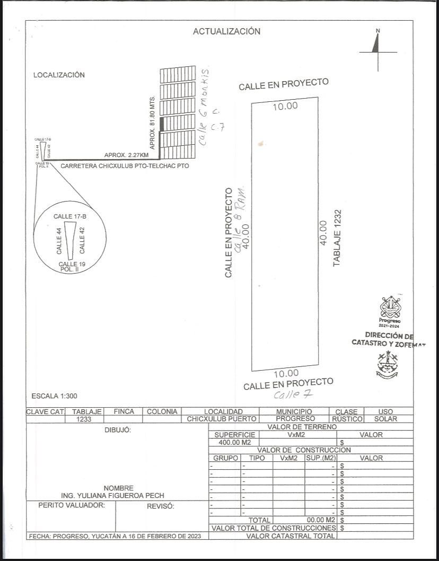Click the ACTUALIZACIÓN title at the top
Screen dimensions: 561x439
click(226, 31)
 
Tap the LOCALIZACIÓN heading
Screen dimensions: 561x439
click(59, 75)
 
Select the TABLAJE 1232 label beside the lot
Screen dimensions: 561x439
click(337, 238)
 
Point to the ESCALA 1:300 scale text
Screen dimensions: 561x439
click(54, 396)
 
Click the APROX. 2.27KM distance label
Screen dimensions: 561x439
click(126, 155)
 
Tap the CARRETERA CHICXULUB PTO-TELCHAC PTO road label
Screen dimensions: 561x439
click(125, 166)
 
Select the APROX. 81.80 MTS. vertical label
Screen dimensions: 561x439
click(153, 122)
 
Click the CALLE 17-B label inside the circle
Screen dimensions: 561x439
click(69, 216)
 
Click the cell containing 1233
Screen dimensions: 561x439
click(86, 419)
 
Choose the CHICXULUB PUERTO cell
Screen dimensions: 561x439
click(222, 419)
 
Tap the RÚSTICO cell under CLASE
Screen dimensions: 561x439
click(347, 419)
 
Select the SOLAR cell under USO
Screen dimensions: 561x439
click(385, 419)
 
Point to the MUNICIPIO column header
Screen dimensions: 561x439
click(294, 411)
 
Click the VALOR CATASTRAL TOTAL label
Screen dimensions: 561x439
click(290, 536)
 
